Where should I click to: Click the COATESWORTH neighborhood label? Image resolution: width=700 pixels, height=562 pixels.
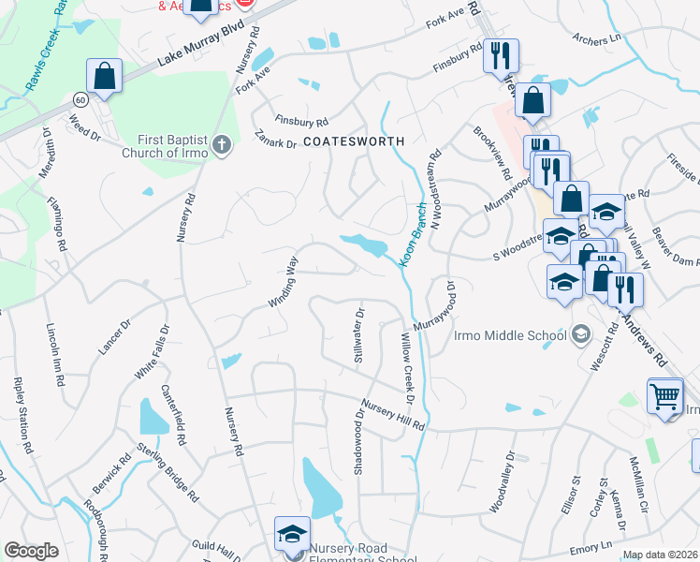tap(355, 140)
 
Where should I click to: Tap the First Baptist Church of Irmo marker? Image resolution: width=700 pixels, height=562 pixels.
tap(221, 144)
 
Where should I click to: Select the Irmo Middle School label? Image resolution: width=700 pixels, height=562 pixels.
tap(510, 335)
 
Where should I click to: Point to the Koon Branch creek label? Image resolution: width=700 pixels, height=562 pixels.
tap(414, 238)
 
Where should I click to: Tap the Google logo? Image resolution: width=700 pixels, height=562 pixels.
tap(31, 550)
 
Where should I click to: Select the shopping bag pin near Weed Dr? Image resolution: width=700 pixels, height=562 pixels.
tap(105, 76)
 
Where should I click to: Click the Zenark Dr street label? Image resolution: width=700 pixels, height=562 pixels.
tap(275, 140)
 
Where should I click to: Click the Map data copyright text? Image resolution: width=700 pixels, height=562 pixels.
tap(660, 555)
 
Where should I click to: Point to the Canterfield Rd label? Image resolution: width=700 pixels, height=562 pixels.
tap(173, 414)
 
